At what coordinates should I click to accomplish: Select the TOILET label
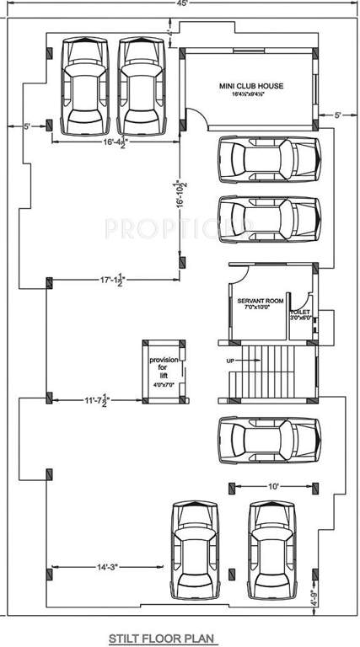[x=301, y=312]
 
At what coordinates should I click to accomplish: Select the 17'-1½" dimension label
[x=112, y=279]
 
